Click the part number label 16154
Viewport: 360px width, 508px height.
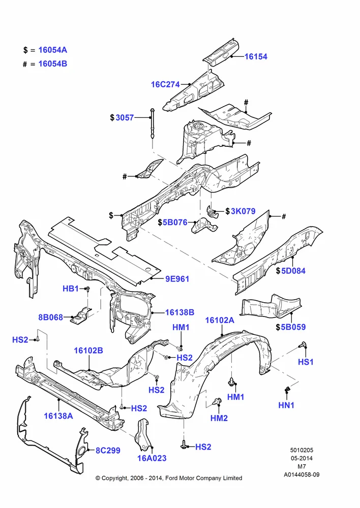[x=256, y=56]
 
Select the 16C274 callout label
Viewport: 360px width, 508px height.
[x=165, y=84]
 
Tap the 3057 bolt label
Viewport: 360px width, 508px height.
[x=125, y=118]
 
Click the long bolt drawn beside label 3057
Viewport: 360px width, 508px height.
[x=153, y=123]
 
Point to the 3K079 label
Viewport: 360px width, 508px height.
[x=243, y=211]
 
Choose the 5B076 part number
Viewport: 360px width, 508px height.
[x=175, y=223]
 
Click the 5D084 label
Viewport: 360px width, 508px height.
[x=293, y=271]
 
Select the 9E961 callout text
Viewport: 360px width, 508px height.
[x=177, y=279]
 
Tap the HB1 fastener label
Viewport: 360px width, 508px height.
[x=70, y=289]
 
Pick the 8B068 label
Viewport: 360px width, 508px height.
[x=51, y=317]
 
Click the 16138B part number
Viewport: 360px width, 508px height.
[x=179, y=312]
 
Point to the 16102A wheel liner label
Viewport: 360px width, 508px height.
[x=220, y=321]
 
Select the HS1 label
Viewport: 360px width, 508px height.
[x=306, y=362]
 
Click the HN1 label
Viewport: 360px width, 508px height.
[x=286, y=405]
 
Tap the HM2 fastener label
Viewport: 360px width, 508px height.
[x=219, y=418]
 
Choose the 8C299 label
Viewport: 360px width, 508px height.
[x=108, y=451]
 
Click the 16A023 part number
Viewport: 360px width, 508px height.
[x=152, y=458]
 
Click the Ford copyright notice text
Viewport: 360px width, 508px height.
[x=169, y=478]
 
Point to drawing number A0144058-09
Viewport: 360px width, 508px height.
[x=302, y=474]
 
